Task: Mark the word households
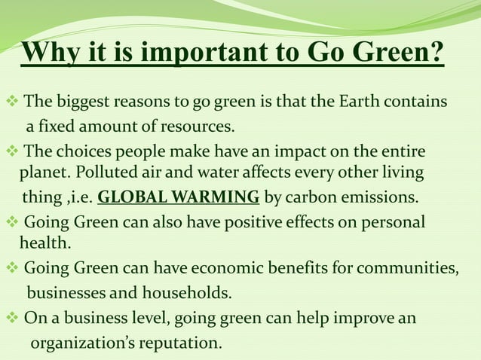(x=182, y=293)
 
